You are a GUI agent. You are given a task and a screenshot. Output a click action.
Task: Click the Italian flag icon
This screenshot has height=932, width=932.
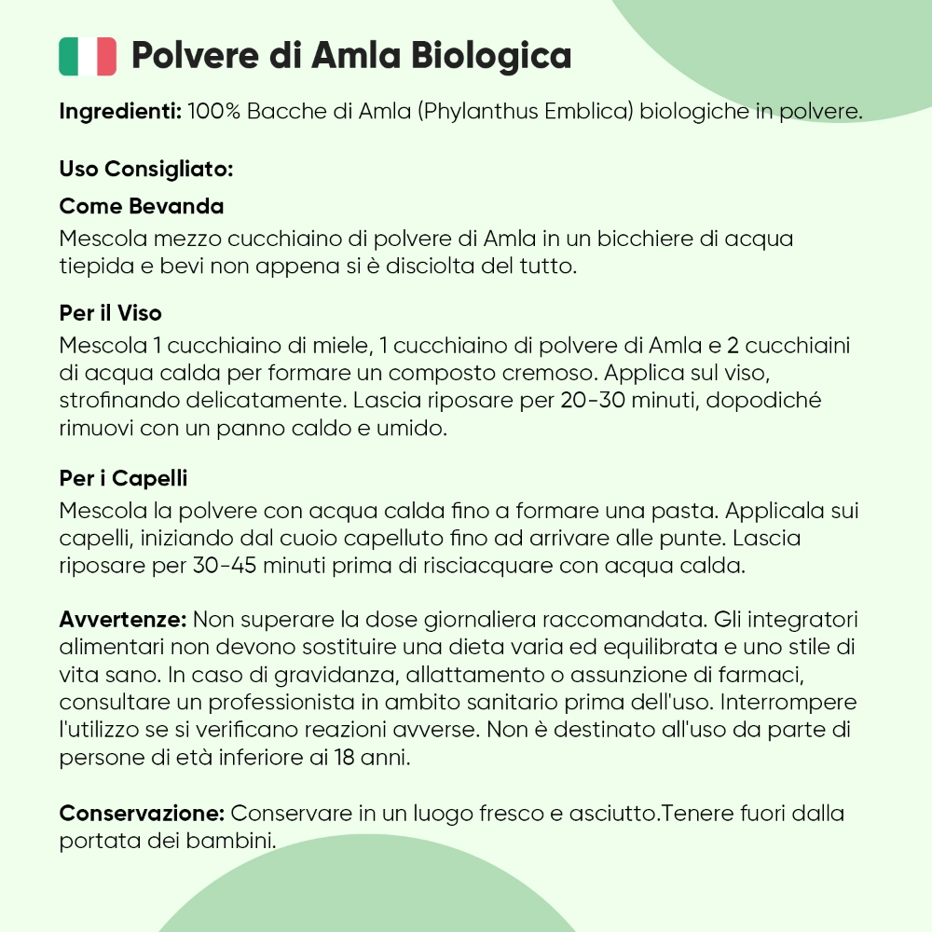click(88, 56)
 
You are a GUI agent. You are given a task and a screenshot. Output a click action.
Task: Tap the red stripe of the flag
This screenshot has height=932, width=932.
click(106, 56)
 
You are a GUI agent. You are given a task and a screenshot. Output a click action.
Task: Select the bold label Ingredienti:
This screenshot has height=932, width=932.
click(119, 112)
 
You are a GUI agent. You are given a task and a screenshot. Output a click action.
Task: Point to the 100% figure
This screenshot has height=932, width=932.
click(214, 112)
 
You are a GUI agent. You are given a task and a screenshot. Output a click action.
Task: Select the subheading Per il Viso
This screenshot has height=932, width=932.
click(110, 313)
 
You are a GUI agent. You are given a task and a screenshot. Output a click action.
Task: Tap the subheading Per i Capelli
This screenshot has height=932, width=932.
click(123, 479)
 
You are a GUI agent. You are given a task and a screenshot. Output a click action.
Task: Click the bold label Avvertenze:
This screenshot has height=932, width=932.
click(123, 620)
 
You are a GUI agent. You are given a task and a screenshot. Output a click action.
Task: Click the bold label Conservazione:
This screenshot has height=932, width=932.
click(142, 813)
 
